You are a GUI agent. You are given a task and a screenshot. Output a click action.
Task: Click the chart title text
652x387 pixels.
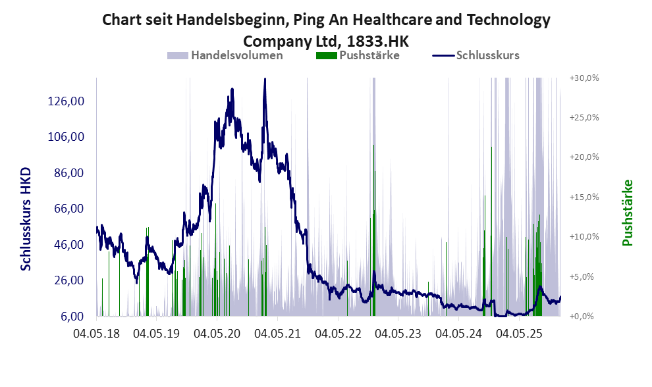[326, 30]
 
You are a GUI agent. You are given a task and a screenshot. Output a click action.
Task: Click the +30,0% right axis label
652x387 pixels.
[584, 78]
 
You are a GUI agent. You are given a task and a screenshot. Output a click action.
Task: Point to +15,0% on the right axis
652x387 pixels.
[584, 197]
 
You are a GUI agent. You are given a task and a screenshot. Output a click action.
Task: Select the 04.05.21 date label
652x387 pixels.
[277, 334]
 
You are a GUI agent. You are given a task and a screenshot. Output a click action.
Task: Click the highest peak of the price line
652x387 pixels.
[265, 80]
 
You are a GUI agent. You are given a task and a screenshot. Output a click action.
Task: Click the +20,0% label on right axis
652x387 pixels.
[584, 157]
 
